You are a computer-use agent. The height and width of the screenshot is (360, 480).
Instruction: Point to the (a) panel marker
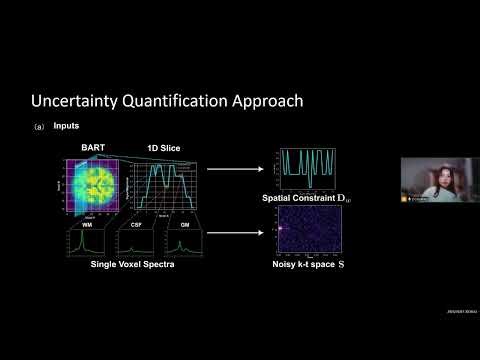(39, 127)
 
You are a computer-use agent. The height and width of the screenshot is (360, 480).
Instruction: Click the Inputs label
(67, 126)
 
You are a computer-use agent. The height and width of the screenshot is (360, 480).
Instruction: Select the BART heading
(93, 148)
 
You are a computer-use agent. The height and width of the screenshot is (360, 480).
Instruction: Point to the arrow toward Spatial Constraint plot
(237, 170)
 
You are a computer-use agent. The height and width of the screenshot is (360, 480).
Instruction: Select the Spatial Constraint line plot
(311, 170)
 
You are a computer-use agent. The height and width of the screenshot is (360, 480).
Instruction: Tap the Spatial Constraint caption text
(313, 199)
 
